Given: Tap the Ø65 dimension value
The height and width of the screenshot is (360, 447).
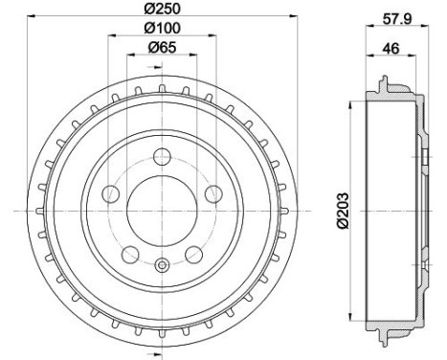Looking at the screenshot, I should click(x=161, y=47).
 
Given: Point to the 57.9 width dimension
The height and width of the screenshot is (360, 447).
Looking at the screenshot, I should click(x=391, y=18).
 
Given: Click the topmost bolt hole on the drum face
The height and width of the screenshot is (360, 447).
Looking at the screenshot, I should click(x=162, y=157).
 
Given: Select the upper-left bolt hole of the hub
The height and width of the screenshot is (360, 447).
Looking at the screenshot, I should click(x=111, y=194).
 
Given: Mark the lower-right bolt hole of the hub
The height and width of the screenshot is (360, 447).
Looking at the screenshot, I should click(x=193, y=254).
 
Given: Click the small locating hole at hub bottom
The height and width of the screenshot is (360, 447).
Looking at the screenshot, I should click(x=162, y=265).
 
